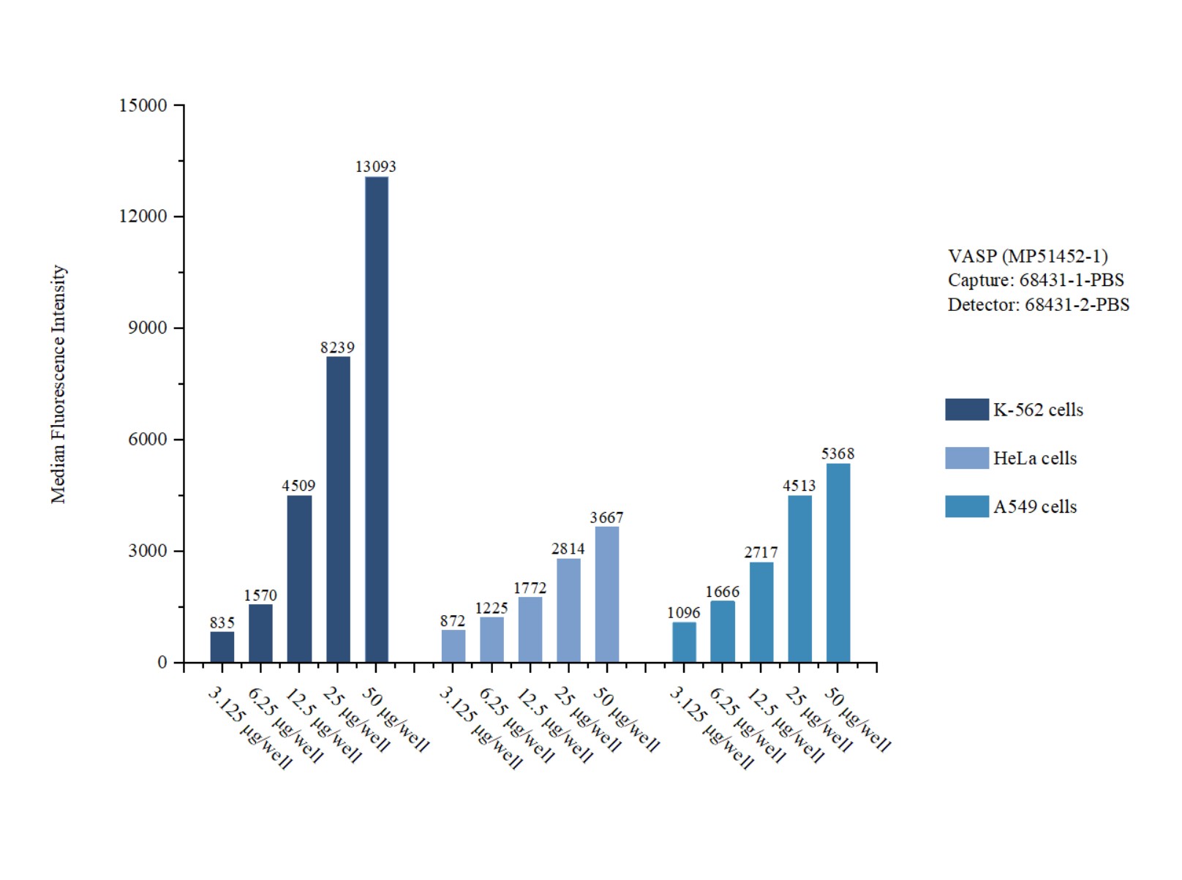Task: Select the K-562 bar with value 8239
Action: click(338, 509)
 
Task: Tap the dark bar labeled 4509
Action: click(299, 579)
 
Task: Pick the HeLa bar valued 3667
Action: click(607, 594)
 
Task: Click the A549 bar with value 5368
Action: click(838, 563)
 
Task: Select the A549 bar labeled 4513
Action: click(799, 579)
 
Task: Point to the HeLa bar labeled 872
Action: click(453, 646)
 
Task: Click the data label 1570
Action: click(260, 595)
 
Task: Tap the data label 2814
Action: click(568, 549)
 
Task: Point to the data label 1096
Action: click(684, 613)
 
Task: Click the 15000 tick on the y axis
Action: click(143, 105)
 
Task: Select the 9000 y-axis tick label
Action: click(148, 328)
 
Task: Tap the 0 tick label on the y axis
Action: click(162, 663)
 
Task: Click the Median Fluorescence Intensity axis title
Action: click(59, 384)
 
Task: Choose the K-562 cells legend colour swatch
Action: click(966, 410)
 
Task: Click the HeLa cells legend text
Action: click(1034, 459)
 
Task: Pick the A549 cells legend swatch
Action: click(966, 507)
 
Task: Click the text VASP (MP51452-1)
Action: click(1028, 256)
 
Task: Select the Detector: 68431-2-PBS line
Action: click(1038, 304)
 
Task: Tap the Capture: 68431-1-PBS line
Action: click(1036, 280)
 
